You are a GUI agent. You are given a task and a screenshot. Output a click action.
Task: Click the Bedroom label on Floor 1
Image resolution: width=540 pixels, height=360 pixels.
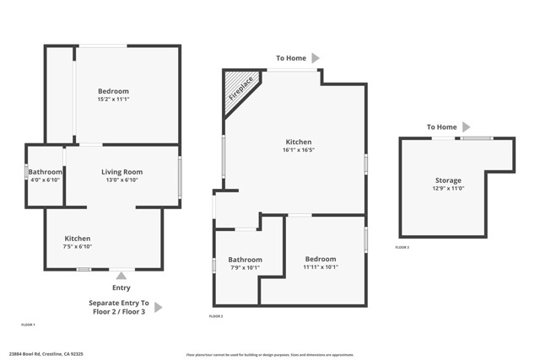(x=113, y=91)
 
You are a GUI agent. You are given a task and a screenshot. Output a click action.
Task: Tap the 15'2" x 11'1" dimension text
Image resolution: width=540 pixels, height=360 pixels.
(x=113, y=99)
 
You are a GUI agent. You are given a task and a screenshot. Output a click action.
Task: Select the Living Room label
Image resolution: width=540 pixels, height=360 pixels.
(x=122, y=172)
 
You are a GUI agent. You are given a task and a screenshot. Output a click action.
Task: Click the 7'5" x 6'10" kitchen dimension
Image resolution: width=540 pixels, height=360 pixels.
(x=78, y=246)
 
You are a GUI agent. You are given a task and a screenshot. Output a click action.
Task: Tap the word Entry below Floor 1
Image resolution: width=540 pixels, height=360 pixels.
(x=121, y=287)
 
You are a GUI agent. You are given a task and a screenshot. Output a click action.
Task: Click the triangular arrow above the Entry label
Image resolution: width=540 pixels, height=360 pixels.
(x=121, y=275)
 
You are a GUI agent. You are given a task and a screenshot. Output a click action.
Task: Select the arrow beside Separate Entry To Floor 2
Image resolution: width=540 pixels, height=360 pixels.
(x=158, y=308)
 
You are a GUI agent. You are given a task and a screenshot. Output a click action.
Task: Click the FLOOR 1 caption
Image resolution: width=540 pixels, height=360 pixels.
(x=29, y=325)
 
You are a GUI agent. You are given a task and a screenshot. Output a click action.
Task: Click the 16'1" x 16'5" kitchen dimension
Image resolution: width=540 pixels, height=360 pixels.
(x=299, y=150)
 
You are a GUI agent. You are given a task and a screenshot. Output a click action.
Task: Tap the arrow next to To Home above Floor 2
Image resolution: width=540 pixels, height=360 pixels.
(x=316, y=58)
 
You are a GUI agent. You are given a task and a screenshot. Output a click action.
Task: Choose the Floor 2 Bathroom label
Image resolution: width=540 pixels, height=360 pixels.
(x=246, y=260)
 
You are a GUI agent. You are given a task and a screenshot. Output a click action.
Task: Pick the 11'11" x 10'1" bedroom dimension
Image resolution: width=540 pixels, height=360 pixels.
(x=321, y=267)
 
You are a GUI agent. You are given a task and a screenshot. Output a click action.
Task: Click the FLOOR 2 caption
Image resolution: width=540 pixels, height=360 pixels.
(x=216, y=316)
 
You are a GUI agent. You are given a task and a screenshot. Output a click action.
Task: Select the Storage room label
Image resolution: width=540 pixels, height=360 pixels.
(x=448, y=180)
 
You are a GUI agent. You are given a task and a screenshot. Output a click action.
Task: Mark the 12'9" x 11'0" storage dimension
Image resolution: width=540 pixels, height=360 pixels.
(x=448, y=188)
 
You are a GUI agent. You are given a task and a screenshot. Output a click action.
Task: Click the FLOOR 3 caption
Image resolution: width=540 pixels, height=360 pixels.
(x=402, y=247)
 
